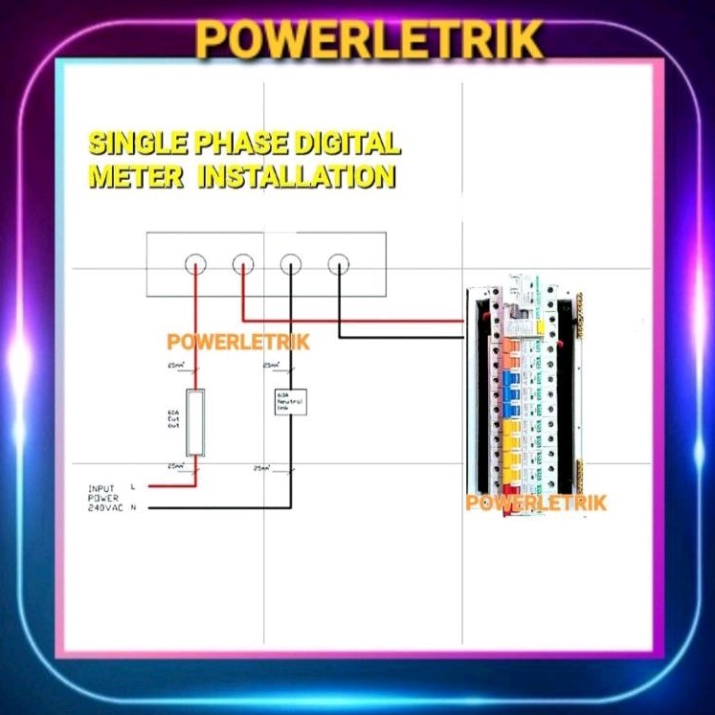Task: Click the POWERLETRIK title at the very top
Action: tap(369, 39)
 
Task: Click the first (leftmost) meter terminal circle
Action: tap(195, 263)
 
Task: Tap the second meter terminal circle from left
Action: tap(243, 263)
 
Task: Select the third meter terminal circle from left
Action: tap(290, 263)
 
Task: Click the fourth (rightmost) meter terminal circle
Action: tap(338, 263)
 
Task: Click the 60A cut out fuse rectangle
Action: tap(195, 422)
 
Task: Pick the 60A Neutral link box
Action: tap(289, 401)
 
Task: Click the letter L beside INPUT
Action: tap(132, 487)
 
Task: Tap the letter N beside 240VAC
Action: tap(132, 507)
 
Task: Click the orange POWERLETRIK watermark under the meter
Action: tap(238, 342)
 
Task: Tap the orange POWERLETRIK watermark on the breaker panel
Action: tap(536, 503)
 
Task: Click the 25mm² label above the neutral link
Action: tap(271, 366)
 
